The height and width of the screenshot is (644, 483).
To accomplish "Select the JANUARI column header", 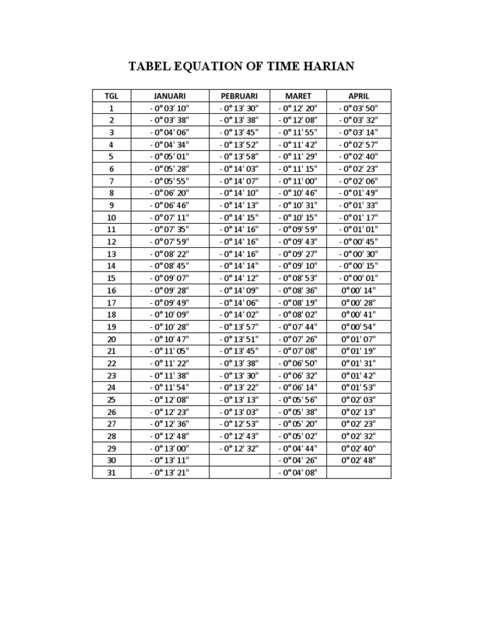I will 170,96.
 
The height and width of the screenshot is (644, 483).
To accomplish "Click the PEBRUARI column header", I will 239,96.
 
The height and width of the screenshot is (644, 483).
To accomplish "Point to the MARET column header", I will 298,96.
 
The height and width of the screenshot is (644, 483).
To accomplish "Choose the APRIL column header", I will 358,96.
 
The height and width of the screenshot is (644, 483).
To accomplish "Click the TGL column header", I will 111,96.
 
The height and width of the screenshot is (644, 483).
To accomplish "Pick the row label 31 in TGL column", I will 111,472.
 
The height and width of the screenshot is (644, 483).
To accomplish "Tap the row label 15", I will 111,278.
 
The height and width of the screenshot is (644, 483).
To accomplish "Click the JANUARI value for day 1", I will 170,108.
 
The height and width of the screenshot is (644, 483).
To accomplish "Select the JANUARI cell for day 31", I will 170,472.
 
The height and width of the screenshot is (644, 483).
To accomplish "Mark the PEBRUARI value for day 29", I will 239,448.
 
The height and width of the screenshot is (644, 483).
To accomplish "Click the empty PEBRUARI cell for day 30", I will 239,460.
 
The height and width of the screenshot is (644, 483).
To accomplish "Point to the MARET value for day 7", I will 298,181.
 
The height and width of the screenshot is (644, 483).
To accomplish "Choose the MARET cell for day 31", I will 298,472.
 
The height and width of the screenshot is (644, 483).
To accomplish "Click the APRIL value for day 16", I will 358,291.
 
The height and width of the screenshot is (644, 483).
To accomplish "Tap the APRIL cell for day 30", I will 358,460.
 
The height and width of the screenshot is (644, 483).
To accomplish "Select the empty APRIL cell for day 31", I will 358,472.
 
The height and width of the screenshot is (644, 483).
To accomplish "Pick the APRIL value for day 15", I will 358,278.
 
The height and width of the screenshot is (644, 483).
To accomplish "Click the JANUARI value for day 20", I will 170,339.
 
